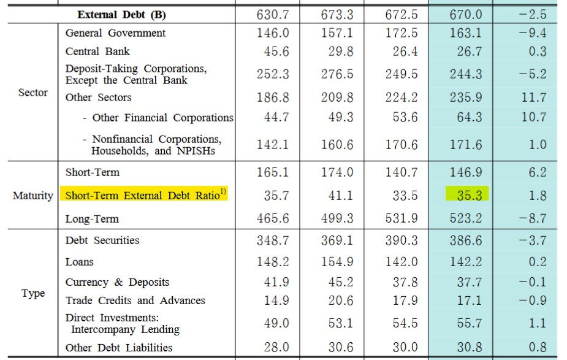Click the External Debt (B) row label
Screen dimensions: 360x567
(121, 14)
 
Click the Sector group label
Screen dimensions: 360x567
(33, 93)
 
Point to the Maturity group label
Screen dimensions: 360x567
(33, 196)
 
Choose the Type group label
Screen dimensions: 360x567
(33, 293)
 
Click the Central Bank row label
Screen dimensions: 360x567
(97, 52)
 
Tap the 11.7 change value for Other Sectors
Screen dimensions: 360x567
(533, 97)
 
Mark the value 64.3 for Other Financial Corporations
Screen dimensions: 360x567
(469, 117)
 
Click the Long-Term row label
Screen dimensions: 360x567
(92, 219)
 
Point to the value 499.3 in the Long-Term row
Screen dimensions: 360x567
(337, 218)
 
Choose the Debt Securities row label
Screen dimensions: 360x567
(102, 240)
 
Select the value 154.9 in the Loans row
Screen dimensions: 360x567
(337, 262)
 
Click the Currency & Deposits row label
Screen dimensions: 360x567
(117, 282)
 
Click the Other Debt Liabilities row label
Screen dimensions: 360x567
(119, 348)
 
